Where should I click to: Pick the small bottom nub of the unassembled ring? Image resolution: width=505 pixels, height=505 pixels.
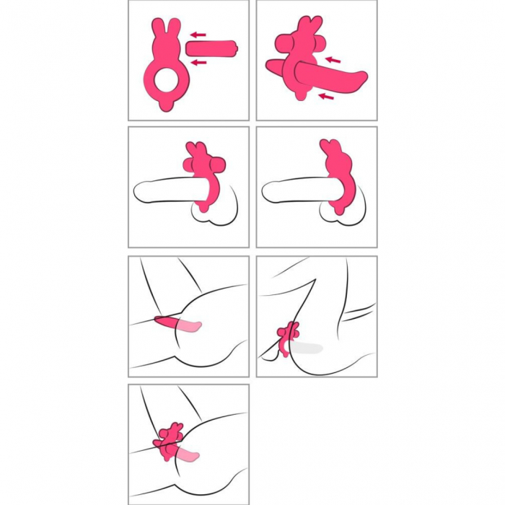pyautogui.click(x=166, y=106)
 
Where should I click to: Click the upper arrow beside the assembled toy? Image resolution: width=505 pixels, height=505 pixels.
pyautogui.click(x=331, y=59)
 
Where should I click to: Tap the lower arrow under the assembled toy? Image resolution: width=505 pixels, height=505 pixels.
pyautogui.click(x=326, y=95)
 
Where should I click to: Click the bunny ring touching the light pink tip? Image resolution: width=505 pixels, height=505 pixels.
pyautogui.click(x=170, y=442)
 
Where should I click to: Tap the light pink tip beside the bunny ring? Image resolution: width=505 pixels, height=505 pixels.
pyautogui.click(x=190, y=456)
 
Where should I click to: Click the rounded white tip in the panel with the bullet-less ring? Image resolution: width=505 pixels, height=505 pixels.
pyautogui.click(x=271, y=193)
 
